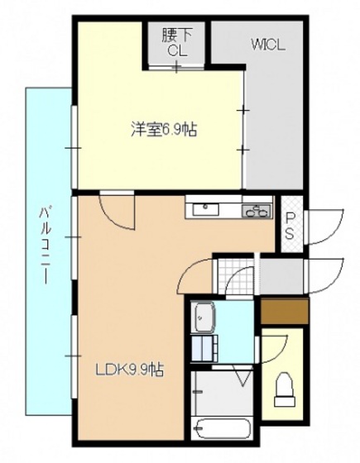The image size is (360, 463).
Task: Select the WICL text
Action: [x=267, y=46]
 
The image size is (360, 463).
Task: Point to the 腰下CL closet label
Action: [x=179, y=43]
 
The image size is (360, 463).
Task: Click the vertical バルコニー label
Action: [x=47, y=248]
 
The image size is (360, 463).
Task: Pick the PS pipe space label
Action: [x=290, y=225]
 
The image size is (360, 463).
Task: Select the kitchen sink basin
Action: [x=204, y=210]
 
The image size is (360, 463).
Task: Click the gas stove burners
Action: [x=257, y=211]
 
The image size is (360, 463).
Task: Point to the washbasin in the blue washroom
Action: [x=204, y=316]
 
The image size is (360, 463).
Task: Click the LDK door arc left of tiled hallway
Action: [x=196, y=273]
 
